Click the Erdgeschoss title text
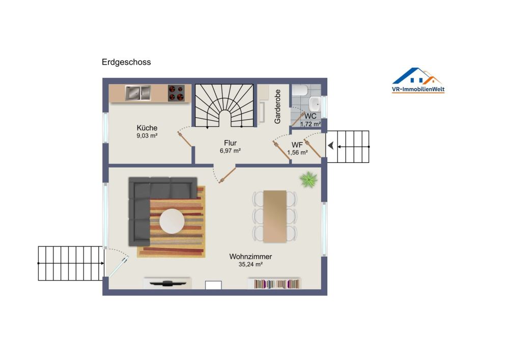click(126, 62)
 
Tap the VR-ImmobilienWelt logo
click(418, 80)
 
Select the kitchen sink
click(138, 93)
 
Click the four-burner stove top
click(176, 93)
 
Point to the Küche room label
click(147, 128)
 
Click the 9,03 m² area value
click(147, 136)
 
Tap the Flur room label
click(230, 143)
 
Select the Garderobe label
click(277, 106)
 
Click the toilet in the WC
click(300, 90)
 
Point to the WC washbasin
click(315, 103)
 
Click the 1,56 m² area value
click(297, 153)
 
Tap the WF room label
click(297, 145)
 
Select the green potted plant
click(308, 180)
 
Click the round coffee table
click(172, 221)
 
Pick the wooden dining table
click(275, 216)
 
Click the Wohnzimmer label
click(250, 257)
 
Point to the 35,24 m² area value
click(250, 265)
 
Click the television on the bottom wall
click(167, 284)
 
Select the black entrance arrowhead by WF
click(331, 146)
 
